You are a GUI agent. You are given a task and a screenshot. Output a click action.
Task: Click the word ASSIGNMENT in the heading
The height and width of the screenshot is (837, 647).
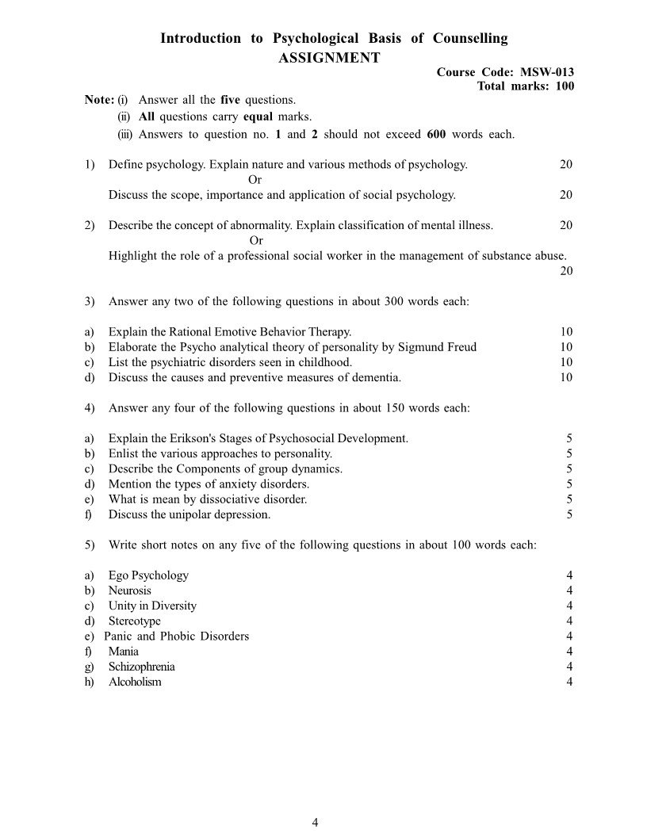click(329, 57)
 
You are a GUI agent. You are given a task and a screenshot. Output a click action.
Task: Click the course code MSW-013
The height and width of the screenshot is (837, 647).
click(547, 72)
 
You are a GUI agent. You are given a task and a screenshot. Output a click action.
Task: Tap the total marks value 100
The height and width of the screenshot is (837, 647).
click(565, 86)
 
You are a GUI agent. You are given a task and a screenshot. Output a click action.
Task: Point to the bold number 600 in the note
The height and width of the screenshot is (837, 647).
click(436, 134)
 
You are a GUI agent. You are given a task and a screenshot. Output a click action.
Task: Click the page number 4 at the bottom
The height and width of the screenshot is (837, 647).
click(316, 822)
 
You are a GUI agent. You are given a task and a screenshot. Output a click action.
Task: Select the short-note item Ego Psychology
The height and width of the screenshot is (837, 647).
click(148, 575)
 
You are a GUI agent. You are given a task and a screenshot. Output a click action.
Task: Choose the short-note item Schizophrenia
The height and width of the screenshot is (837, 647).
click(141, 667)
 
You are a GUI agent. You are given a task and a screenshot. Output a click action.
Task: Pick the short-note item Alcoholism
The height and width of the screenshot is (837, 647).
click(135, 682)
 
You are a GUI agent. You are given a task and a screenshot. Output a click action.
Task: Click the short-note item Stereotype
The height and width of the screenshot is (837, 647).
click(134, 621)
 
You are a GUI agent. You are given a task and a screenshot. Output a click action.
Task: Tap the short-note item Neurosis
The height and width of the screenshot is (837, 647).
click(130, 590)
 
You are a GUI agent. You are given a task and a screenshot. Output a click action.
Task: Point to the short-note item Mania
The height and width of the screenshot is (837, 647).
click(123, 652)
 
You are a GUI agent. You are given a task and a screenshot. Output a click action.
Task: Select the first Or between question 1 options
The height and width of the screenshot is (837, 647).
click(255, 180)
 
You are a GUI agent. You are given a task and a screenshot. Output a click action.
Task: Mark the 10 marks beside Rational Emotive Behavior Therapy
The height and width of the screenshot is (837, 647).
click(565, 332)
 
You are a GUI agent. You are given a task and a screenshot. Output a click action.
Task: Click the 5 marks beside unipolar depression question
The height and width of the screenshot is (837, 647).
click(569, 514)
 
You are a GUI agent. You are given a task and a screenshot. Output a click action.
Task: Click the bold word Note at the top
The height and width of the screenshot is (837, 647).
click(98, 100)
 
